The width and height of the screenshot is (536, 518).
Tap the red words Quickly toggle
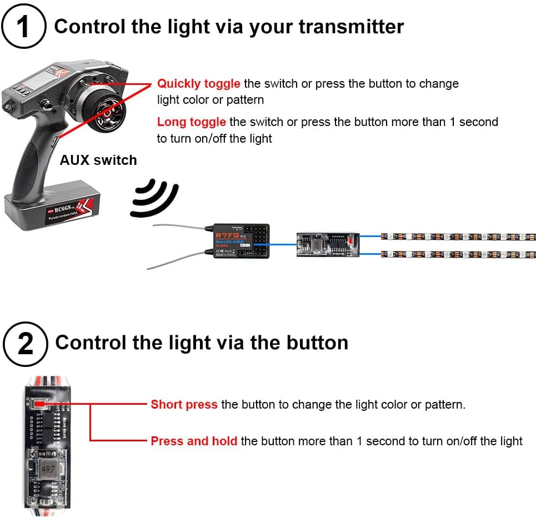[x=198, y=84]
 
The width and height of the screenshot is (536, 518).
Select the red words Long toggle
[x=191, y=122]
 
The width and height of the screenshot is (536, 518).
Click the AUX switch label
[x=98, y=160]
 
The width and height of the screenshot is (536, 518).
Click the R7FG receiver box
[x=238, y=240]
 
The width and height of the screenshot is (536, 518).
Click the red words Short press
[x=184, y=405]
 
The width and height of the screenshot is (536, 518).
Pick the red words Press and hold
[x=194, y=441]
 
